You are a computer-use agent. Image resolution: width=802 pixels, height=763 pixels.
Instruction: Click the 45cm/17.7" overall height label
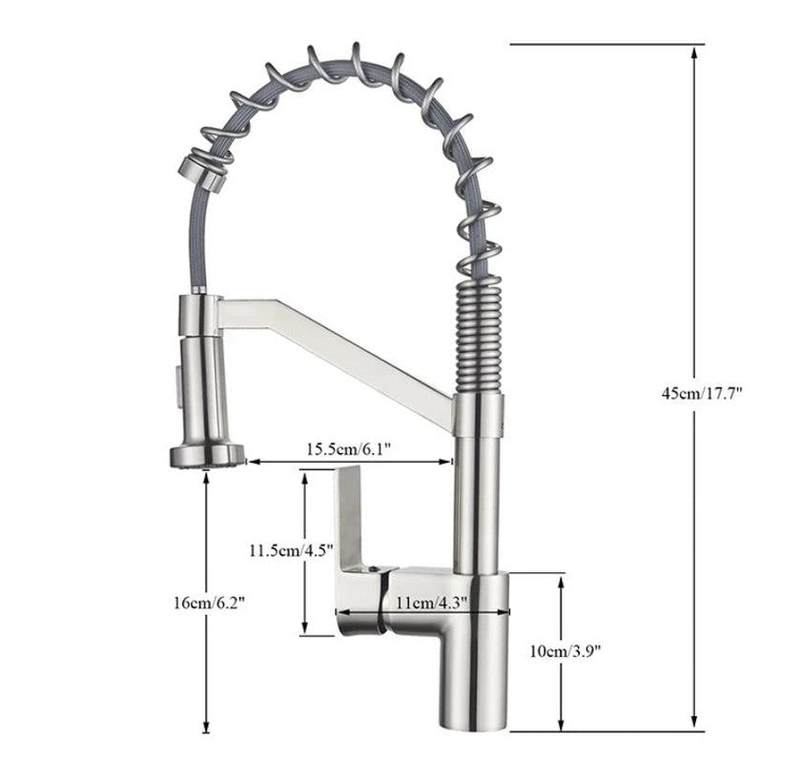pyautogui.click(x=701, y=393)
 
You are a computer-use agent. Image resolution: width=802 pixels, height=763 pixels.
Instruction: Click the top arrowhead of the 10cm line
pyautogui.click(x=562, y=580)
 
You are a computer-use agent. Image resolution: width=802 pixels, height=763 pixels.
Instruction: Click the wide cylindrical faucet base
pyautogui.click(x=474, y=658)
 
